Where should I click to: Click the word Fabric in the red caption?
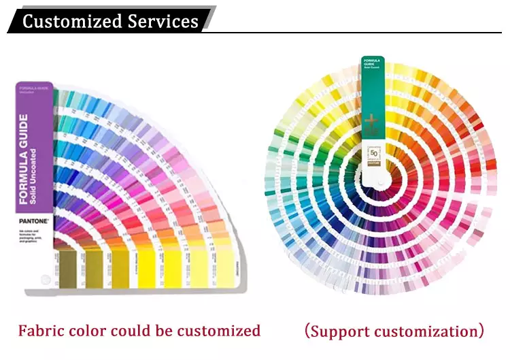[x=43, y=331]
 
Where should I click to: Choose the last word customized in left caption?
[x=220, y=331]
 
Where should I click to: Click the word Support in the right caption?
[x=343, y=331]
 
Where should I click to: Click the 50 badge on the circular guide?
[x=373, y=151]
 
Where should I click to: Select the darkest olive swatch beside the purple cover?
[x=69, y=267]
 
